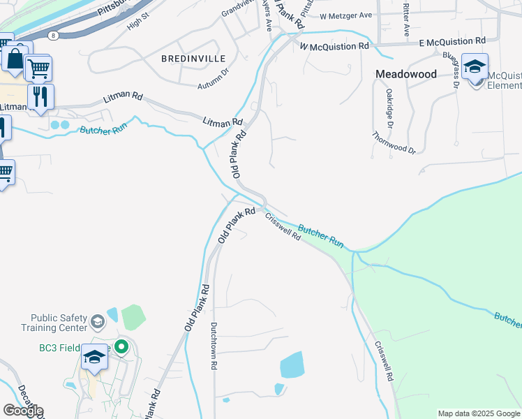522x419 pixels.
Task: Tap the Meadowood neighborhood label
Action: point(406,73)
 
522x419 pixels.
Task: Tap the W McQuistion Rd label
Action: point(334,46)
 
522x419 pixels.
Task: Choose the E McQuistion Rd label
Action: point(452,42)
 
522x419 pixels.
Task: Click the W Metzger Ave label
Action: point(346,15)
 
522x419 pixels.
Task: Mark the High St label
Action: point(138,24)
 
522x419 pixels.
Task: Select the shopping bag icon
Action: point(14,58)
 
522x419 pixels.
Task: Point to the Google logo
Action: point(23,411)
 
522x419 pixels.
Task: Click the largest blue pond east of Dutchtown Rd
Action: point(292,365)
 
